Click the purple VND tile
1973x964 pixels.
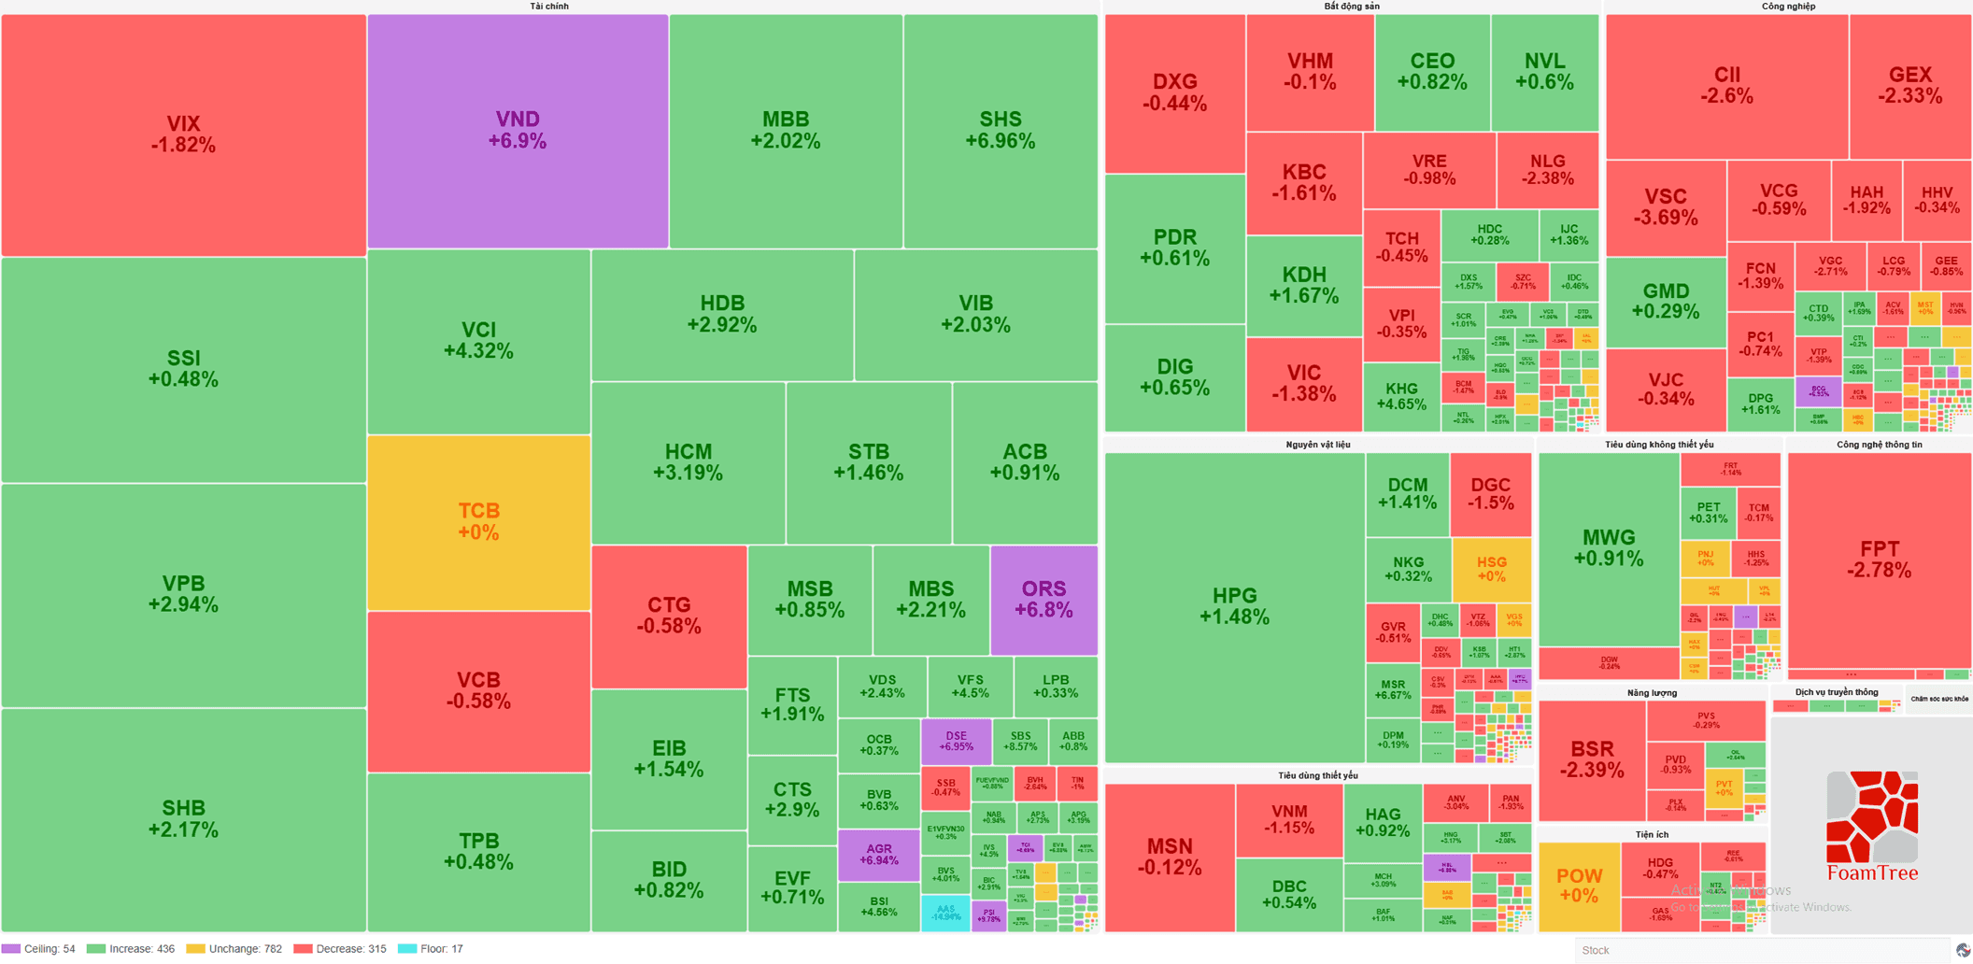(518, 131)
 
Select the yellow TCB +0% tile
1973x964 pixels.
(478, 521)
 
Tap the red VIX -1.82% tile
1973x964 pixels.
(183, 135)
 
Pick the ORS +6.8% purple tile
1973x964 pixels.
(1043, 599)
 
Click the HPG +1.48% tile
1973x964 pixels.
(1234, 605)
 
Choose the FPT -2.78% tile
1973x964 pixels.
(1879, 560)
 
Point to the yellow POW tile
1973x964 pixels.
(1579, 886)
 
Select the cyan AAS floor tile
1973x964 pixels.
(945, 913)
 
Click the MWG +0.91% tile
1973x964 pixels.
(1608, 548)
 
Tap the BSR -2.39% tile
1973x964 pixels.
(1591, 759)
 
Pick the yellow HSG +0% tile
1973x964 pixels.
(1491, 569)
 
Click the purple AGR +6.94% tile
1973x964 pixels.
(878, 855)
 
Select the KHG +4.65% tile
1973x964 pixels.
(1400, 396)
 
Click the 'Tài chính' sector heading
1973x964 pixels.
(549, 7)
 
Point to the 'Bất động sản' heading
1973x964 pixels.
(1351, 7)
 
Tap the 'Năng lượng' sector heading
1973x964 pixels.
(1652, 693)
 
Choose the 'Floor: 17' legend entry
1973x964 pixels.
(432, 949)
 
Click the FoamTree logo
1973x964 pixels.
(1872, 827)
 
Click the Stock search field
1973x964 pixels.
(1761, 950)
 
